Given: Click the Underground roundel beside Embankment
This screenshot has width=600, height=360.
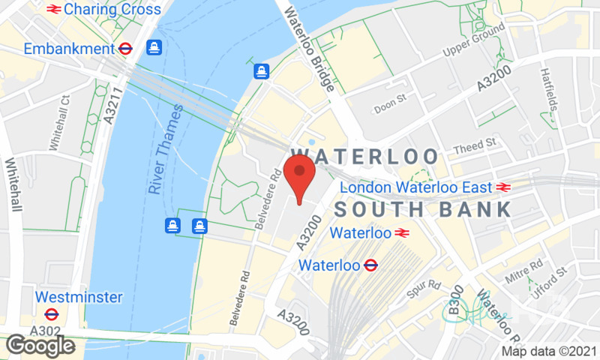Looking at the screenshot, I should click(x=126, y=49).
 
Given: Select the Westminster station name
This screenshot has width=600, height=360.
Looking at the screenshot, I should click(x=78, y=297).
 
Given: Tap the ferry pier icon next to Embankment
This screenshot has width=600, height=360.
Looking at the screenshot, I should click(x=154, y=47).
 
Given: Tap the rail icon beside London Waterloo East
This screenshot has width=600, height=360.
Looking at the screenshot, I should click(x=502, y=187).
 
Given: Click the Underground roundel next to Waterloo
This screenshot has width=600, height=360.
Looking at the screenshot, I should click(x=370, y=265).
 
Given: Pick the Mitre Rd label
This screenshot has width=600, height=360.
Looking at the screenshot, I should click(x=525, y=267).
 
